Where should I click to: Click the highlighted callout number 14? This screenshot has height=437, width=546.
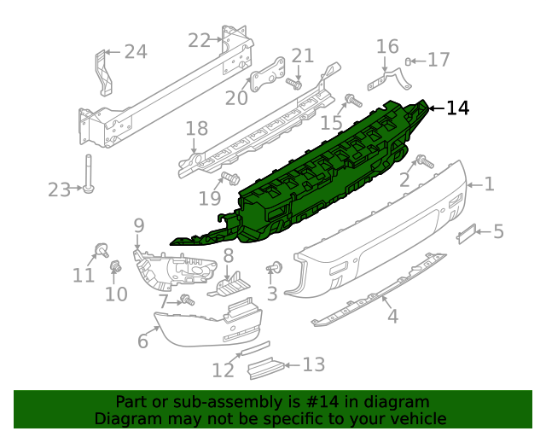(457, 108)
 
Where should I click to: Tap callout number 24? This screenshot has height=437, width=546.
(135, 52)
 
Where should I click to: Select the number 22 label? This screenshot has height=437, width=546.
(199, 40)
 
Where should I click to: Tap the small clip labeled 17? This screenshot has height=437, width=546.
(410, 61)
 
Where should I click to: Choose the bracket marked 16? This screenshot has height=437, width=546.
(388, 79)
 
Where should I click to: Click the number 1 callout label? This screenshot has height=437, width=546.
(490, 184)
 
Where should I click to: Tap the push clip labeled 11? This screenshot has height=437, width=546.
(101, 250)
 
